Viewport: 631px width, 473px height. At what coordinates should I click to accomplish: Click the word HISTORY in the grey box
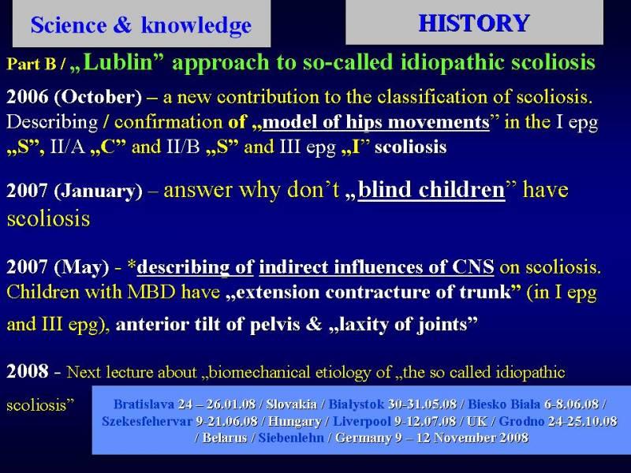click(474, 23)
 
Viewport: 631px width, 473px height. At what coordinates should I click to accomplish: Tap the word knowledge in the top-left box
click(196, 25)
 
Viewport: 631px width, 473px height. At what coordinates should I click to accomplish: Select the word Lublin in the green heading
click(119, 62)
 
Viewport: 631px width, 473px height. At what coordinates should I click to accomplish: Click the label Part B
click(31, 64)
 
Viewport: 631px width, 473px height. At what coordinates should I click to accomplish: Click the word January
click(98, 191)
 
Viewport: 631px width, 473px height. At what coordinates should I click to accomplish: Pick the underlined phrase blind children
click(431, 189)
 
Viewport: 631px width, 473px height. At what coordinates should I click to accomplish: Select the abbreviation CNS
click(472, 266)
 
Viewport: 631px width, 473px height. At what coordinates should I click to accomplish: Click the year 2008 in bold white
click(28, 371)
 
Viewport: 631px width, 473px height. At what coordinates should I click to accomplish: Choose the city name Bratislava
click(144, 404)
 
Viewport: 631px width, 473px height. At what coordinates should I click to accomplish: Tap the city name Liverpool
click(362, 421)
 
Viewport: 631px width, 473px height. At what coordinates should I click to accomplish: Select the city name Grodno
click(521, 421)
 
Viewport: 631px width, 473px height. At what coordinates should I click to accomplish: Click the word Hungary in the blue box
click(294, 421)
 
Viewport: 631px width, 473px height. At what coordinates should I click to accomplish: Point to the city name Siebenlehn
click(291, 438)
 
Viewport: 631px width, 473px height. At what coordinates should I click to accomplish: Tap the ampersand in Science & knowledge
click(122, 25)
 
